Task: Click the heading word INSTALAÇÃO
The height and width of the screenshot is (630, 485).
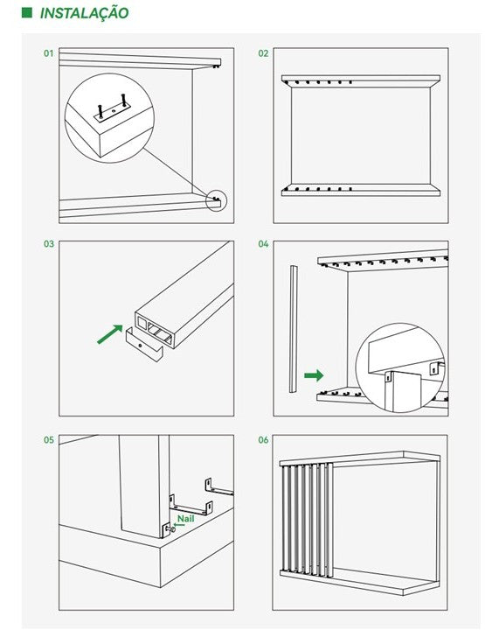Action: pos(84,13)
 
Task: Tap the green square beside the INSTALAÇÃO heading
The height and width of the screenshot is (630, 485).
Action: pos(26,12)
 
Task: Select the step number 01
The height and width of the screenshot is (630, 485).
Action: pos(49,53)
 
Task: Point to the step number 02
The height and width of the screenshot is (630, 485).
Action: pos(263,53)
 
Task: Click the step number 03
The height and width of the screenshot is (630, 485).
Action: pos(49,244)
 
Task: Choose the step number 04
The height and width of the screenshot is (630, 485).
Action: pos(263,244)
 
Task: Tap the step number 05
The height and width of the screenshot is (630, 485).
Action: pos(49,439)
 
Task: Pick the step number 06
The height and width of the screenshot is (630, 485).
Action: pos(263,439)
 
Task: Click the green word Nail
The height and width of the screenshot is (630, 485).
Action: pos(186,518)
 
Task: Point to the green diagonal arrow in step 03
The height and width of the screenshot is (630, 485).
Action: pos(110,334)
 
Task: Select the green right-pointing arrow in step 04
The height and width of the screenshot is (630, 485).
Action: pos(314,375)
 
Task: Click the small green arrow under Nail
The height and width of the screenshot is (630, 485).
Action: pos(179,525)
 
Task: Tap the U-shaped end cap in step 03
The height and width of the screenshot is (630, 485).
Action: pos(144,345)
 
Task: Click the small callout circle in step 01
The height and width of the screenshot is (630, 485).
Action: pos(216,201)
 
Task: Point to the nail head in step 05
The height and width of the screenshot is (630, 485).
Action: pos(173,529)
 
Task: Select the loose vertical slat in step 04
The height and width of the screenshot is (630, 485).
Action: pos(294,329)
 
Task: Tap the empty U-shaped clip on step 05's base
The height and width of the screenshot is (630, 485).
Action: pos(191,505)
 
